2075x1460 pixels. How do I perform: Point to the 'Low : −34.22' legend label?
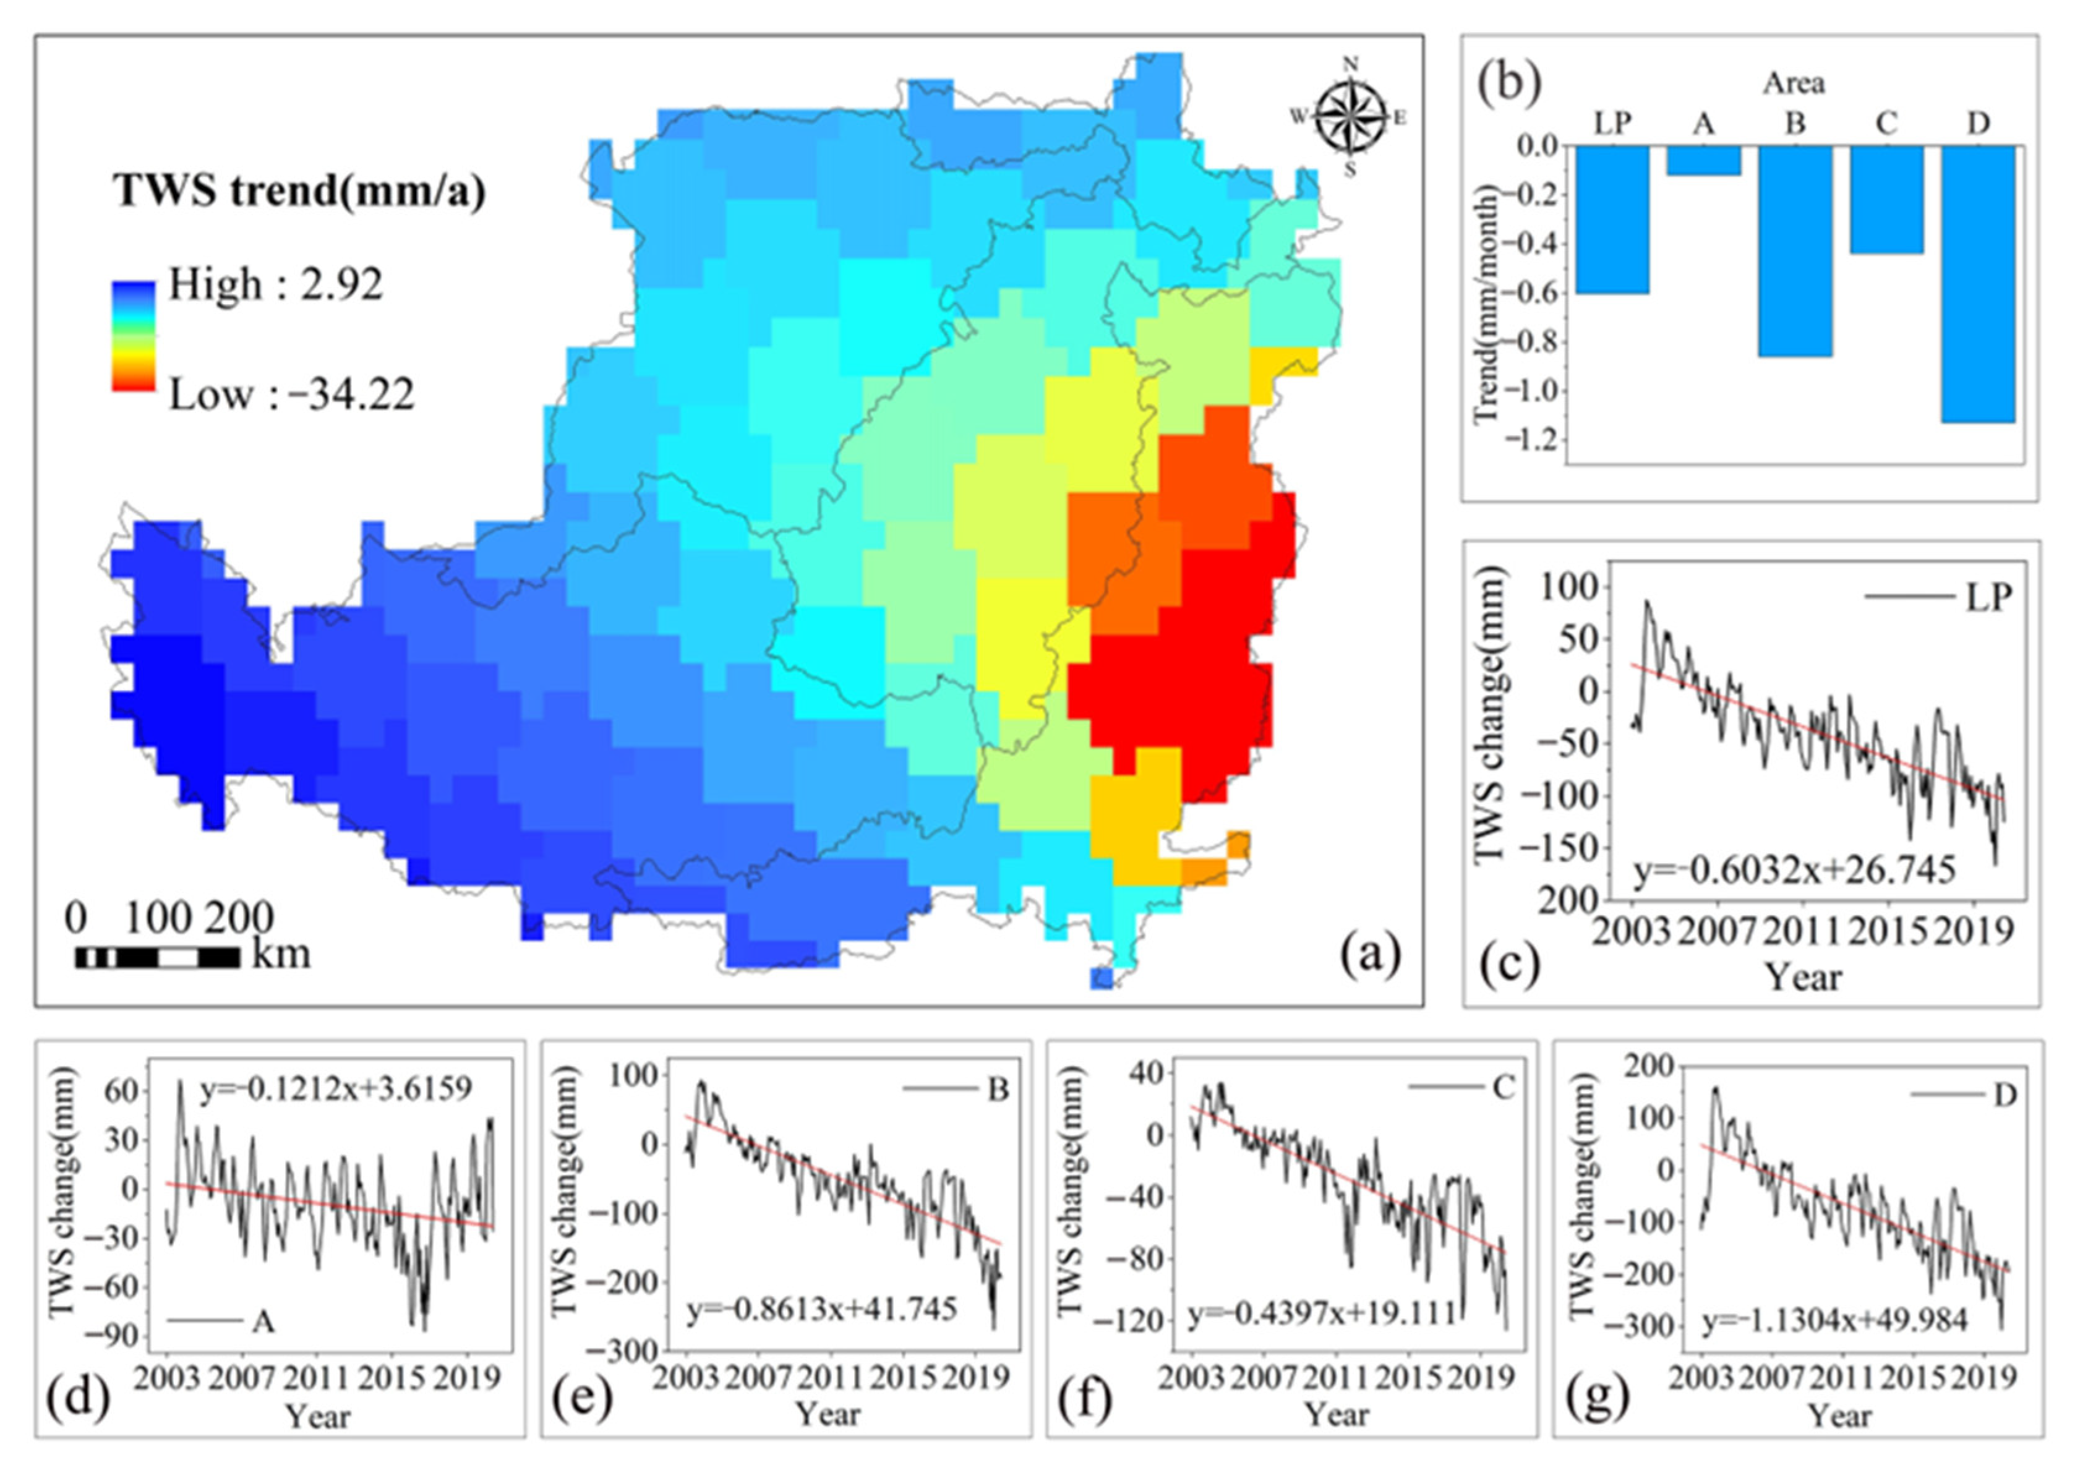point(291,395)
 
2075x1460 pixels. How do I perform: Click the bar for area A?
point(1703,160)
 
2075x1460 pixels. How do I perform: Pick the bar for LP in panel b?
point(1612,219)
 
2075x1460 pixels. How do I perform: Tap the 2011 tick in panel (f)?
point(1336,1380)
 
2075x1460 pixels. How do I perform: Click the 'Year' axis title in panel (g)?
point(1840,1415)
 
